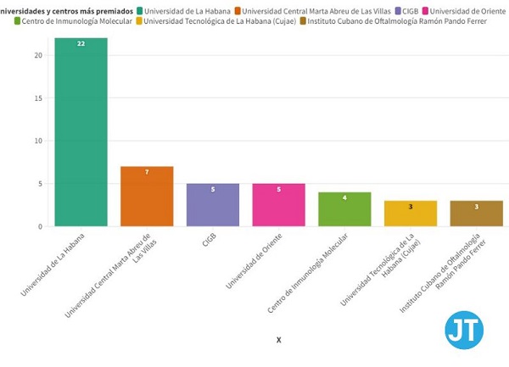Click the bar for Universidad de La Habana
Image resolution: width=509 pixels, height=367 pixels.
(81, 132)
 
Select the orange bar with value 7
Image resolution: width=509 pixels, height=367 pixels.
(147, 197)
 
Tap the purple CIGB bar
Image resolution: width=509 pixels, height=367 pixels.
(213, 205)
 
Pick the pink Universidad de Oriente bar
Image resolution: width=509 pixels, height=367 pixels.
(278, 205)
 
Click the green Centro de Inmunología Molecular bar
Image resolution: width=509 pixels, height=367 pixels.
(344, 209)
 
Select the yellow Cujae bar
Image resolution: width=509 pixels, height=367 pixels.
(411, 214)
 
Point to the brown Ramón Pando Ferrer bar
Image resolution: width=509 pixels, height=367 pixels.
(476, 214)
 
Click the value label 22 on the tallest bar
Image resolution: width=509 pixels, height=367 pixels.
(81, 43)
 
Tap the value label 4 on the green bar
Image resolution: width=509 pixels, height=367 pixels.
(344, 197)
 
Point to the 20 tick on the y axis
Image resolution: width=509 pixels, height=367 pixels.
(38, 55)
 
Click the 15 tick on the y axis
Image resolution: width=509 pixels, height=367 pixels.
(38, 98)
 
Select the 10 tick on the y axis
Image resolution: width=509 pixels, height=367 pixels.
(38, 141)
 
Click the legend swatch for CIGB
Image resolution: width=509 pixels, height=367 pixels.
(397, 9)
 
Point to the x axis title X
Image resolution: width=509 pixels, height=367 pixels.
(278, 340)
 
